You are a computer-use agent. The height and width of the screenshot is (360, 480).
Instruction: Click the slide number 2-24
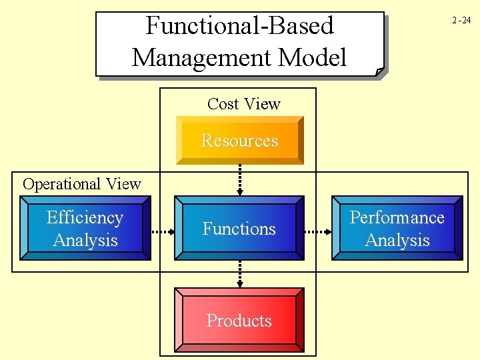[x=461, y=20]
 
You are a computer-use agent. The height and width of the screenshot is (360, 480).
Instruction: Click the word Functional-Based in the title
[x=239, y=26]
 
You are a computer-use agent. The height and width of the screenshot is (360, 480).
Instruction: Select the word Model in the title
[x=312, y=58]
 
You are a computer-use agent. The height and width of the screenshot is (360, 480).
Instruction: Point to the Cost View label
[x=243, y=104]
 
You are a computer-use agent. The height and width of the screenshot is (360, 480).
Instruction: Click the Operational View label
[x=82, y=184]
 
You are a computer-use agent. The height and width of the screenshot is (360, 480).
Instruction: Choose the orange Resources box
[x=239, y=141]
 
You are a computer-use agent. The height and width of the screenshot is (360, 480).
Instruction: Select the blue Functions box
[x=239, y=228]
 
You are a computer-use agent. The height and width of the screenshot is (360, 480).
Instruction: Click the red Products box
[x=239, y=321]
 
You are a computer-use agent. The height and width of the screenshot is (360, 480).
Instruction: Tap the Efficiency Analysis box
[x=85, y=228]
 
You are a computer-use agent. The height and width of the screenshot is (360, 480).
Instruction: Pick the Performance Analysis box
[x=397, y=228]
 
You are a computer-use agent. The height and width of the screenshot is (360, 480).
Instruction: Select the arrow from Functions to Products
[x=239, y=273]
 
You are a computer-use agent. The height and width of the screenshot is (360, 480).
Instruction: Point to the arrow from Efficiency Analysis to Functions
[x=162, y=232]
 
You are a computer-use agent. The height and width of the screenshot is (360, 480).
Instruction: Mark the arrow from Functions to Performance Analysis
[x=318, y=232]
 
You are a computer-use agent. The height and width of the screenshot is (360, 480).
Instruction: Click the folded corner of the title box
[x=379, y=71]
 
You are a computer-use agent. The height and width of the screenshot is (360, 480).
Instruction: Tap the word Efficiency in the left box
[x=85, y=218]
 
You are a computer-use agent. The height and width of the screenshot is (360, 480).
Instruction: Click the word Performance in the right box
[x=397, y=218]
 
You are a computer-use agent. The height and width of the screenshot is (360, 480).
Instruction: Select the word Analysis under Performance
[x=397, y=240]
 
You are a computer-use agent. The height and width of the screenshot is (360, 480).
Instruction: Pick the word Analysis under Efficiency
[x=85, y=240]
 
